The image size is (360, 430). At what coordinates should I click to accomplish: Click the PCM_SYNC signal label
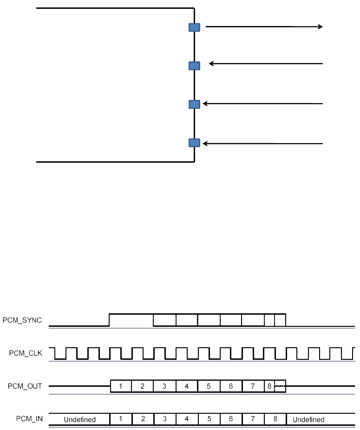[x=22, y=320]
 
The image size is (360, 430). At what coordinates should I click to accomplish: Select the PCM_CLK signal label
[x=26, y=353]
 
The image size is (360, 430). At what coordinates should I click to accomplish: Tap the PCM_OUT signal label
[x=25, y=386]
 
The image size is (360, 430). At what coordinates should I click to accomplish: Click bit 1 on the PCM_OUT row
[x=120, y=386]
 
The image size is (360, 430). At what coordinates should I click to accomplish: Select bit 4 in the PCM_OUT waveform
[x=186, y=386]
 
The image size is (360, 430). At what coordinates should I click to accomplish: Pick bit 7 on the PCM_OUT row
[x=253, y=386]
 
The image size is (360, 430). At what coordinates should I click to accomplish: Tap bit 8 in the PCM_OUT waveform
[x=269, y=386]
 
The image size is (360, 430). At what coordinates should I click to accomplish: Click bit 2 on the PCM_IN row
[x=143, y=419]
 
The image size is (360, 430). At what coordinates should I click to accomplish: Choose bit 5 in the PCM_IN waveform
[x=209, y=419]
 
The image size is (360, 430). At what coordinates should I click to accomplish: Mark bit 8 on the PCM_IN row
[x=275, y=419]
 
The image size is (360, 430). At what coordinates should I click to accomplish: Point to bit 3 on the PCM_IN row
[x=165, y=419]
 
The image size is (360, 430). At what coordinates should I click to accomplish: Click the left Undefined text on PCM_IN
[x=79, y=419]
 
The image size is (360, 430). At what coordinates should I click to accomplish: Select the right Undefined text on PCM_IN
[x=308, y=419]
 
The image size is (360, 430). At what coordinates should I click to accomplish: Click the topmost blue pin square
[x=194, y=27]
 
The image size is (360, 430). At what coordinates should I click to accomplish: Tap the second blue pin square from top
[x=194, y=66]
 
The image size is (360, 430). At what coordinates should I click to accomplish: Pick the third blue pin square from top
[x=194, y=104]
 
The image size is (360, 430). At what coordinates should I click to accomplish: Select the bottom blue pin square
[x=194, y=143]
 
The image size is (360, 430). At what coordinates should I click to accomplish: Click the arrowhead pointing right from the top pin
[x=320, y=27]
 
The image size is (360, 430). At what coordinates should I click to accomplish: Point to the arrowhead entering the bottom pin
[x=205, y=144]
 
